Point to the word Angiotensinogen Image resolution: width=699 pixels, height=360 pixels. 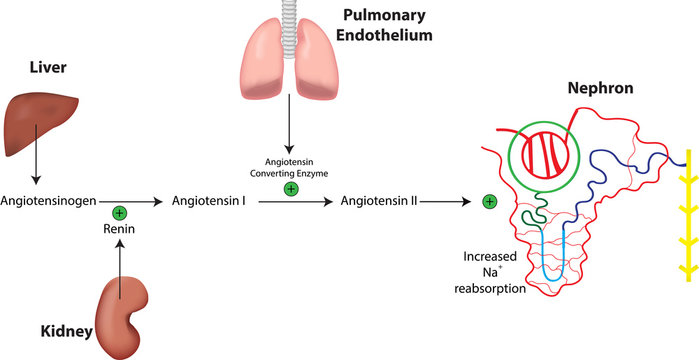point(49,200)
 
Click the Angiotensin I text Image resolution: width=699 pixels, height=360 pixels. point(209,200)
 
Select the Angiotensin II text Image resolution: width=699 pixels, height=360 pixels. point(379,200)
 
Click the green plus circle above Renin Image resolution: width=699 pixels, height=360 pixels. point(119,212)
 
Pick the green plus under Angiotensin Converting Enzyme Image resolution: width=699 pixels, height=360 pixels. point(291,187)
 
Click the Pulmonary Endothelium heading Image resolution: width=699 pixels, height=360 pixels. point(384,24)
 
